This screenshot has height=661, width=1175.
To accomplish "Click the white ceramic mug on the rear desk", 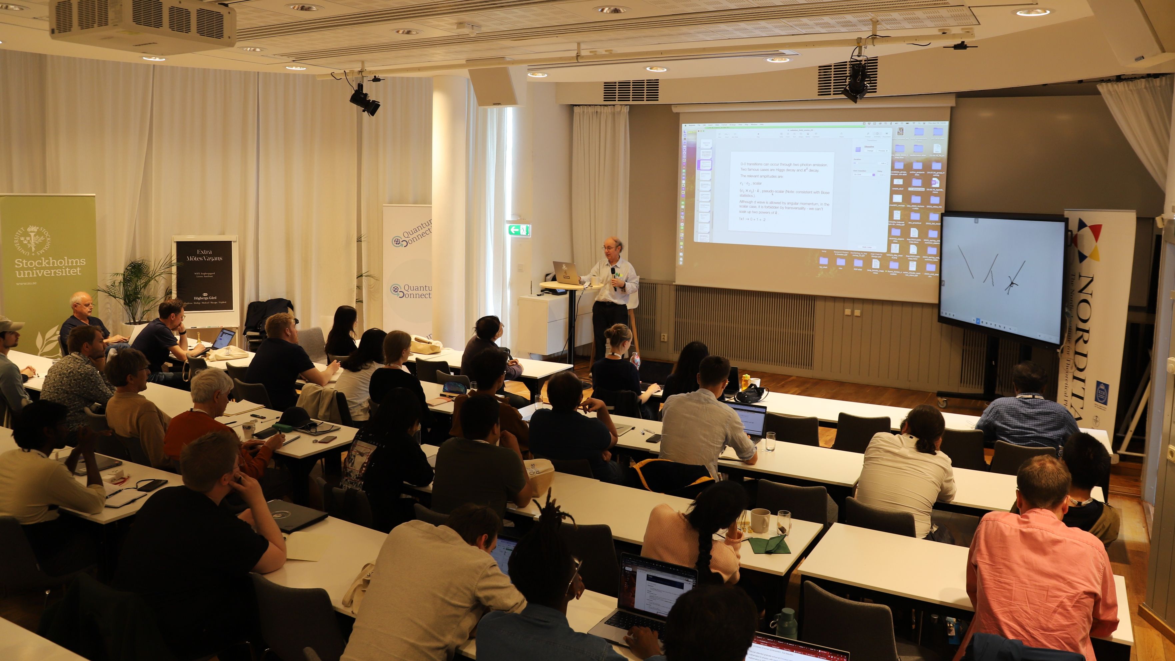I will click(x=759, y=520).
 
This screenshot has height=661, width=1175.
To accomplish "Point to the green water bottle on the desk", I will click(x=786, y=623).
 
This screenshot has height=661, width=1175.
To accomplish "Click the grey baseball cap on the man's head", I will click(x=10, y=325).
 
